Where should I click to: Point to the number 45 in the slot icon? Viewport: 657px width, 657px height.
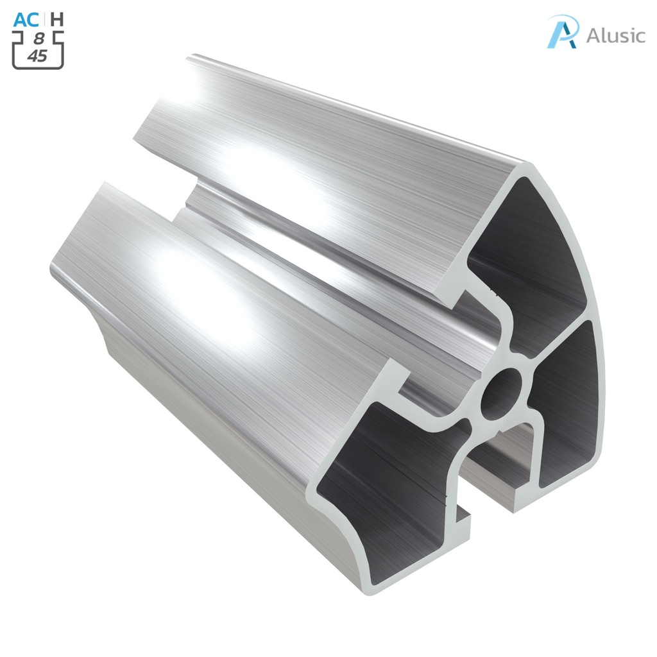click(x=38, y=56)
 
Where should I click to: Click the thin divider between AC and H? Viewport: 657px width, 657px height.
click(x=45, y=19)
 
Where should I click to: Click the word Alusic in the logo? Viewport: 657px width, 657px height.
click(x=615, y=35)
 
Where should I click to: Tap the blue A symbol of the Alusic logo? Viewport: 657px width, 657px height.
click(x=563, y=31)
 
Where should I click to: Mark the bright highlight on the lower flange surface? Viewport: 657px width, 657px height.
click(x=192, y=282)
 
